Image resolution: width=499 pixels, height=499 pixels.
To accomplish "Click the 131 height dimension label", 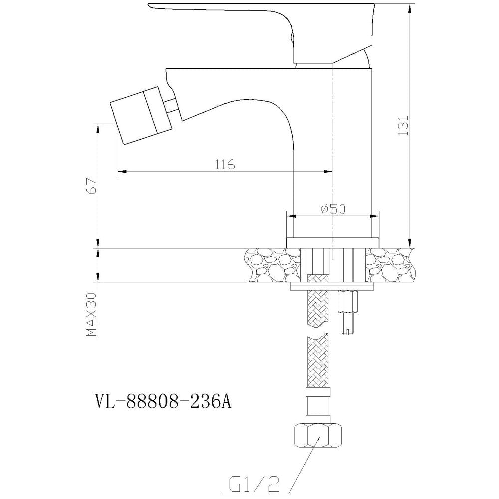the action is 403,125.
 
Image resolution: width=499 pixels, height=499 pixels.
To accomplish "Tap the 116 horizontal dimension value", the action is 225,164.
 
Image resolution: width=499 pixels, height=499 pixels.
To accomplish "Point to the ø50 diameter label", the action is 333,209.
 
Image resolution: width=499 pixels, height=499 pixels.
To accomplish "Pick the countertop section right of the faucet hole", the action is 390,265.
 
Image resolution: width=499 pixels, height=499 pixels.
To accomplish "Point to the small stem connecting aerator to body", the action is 171,105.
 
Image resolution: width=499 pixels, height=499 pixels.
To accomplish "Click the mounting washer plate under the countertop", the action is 332,288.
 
